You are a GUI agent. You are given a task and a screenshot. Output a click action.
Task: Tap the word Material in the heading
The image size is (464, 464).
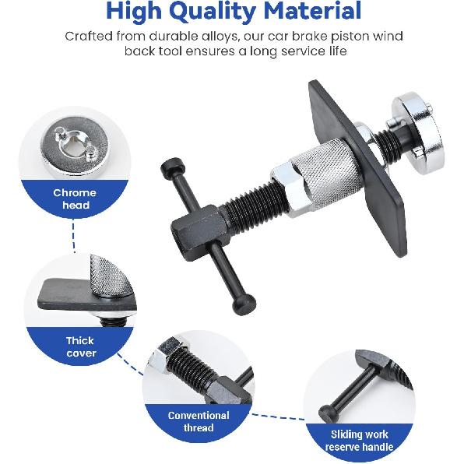click(312, 10)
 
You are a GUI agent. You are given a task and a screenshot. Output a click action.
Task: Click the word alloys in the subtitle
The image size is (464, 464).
click(220, 37)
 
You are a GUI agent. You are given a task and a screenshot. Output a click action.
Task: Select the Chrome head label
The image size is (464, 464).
click(75, 199)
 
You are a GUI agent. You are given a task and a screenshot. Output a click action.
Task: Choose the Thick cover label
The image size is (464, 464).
click(80, 346)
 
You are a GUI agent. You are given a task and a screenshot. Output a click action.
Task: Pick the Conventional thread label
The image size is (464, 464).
click(199, 421)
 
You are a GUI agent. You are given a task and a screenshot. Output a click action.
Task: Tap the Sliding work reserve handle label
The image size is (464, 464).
click(359, 441)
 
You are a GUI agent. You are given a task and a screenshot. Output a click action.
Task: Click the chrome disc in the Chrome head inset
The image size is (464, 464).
click(74, 145)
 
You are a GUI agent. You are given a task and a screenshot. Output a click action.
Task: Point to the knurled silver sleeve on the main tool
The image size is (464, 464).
click(325, 173)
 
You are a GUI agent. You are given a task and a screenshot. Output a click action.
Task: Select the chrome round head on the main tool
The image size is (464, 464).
click(418, 132)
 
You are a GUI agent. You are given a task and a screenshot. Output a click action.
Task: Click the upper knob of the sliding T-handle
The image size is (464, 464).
click(171, 168)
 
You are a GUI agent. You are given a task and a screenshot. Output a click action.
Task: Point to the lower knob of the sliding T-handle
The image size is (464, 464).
click(244, 305)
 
